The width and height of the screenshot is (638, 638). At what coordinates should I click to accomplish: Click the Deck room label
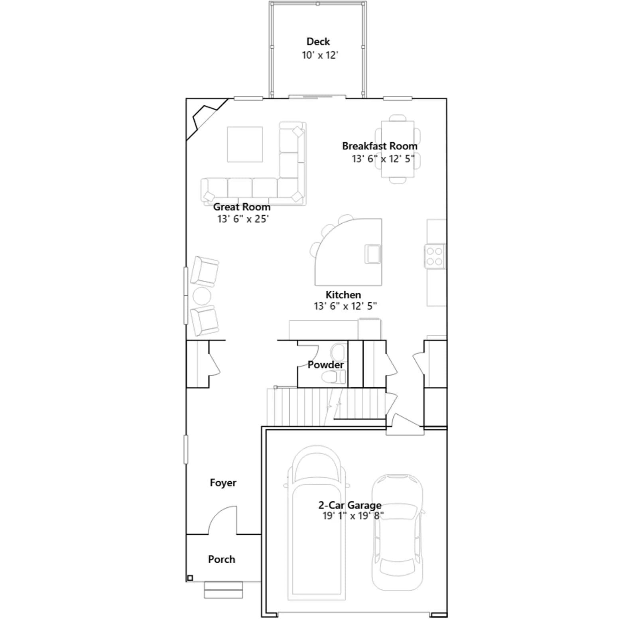click(x=318, y=41)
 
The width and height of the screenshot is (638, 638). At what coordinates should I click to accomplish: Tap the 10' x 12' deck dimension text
click(x=320, y=55)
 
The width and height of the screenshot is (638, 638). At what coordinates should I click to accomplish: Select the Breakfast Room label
click(x=380, y=146)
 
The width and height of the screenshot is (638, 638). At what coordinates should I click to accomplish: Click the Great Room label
click(x=242, y=207)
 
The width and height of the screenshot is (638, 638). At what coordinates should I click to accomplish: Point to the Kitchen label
click(x=343, y=295)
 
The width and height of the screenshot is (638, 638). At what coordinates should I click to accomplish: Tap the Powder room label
click(x=325, y=365)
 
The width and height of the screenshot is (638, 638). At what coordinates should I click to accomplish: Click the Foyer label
click(x=223, y=483)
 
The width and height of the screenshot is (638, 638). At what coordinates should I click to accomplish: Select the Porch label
click(x=221, y=559)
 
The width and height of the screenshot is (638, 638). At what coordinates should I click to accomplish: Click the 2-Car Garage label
click(x=350, y=505)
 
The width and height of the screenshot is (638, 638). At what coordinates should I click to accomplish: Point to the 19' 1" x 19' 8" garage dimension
click(x=353, y=516)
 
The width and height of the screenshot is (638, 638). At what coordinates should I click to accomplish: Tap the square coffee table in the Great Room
click(x=245, y=144)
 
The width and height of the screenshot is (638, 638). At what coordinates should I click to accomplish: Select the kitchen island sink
click(x=373, y=254)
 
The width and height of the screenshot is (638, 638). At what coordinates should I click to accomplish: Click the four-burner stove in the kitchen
click(x=435, y=256)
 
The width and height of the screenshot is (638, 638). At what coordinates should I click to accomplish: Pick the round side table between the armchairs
click(x=202, y=296)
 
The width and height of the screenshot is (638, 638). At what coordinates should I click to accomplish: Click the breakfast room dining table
click(x=398, y=149)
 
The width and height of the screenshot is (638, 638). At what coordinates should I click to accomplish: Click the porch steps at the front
click(x=223, y=590)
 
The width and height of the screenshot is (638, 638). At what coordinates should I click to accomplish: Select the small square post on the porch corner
click(x=190, y=578)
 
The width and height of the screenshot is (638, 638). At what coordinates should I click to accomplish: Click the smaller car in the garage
click(x=398, y=532)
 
